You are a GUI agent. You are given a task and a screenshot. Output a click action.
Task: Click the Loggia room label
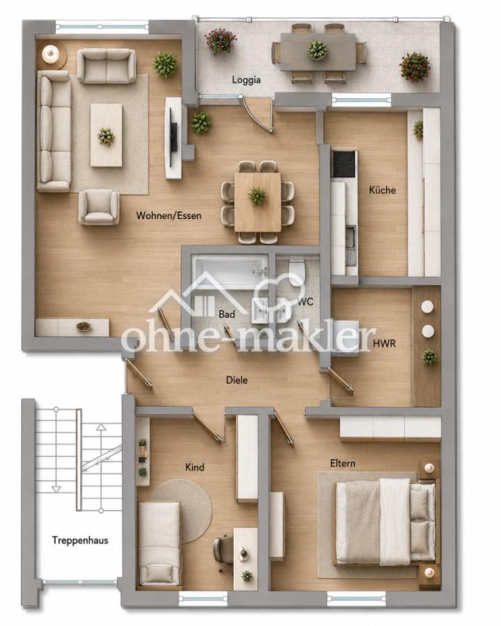pyautogui.click(x=246, y=80)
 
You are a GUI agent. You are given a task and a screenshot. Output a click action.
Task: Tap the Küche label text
pyautogui.click(x=382, y=190)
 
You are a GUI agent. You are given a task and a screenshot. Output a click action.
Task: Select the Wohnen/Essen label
pyautogui.click(x=168, y=216)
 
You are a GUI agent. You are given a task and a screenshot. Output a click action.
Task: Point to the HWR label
pyautogui.click(x=384, y=343)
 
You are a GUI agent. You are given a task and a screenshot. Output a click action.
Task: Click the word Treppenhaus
pyautogui.click(x=80, y=540)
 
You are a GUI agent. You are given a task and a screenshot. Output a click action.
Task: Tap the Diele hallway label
pyautogui.click(x=237, y=380)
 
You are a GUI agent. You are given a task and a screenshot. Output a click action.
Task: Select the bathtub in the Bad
pyautogui.click(x=230, y=272)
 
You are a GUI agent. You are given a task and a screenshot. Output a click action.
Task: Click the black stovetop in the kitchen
pyautogui.click(x=344, y=164)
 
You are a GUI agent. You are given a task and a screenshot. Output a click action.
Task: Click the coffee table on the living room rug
pyautogui.click(x=106, y=135)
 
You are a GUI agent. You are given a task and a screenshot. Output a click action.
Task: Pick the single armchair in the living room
pyautogui.click(x=99, y=207)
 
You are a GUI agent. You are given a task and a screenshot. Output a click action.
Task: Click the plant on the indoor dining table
pyautogui.click(x=257, y=196)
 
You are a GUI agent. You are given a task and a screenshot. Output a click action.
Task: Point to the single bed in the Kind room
pyautogui.click(x=159, y=544)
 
